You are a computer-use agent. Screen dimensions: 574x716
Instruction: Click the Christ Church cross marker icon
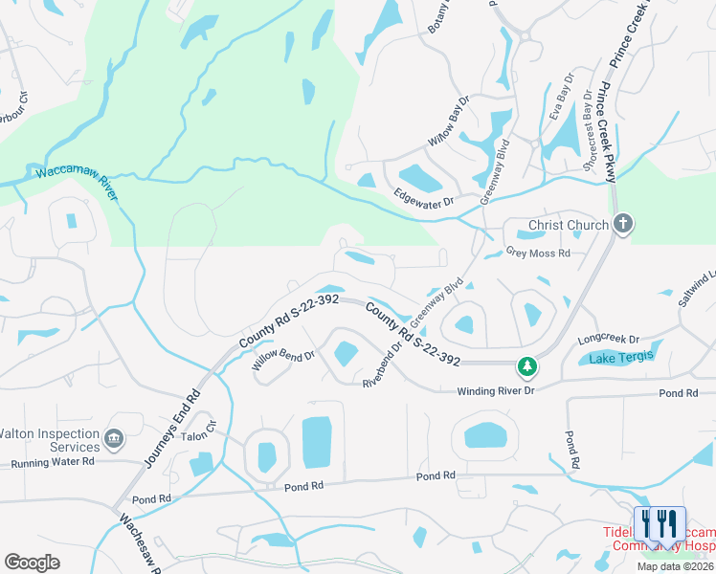[x=623, y=225]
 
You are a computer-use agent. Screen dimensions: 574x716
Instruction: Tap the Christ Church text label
[x=569, y=226]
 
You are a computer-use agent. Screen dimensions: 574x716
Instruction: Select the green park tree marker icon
[x=526, y=365]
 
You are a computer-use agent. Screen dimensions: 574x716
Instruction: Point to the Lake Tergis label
[x=620, y=357]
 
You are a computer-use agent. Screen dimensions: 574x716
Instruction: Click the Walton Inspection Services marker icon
[x=114, y=439]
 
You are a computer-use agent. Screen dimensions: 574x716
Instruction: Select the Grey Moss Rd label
[x=538, y=254]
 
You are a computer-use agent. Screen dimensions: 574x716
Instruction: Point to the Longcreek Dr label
[x=608, y=340]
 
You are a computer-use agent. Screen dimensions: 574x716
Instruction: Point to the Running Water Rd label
[x=53, y=462]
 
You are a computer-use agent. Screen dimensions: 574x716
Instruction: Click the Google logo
[x=33, y=563]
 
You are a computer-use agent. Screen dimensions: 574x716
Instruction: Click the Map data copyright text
[x=675, y=566]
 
